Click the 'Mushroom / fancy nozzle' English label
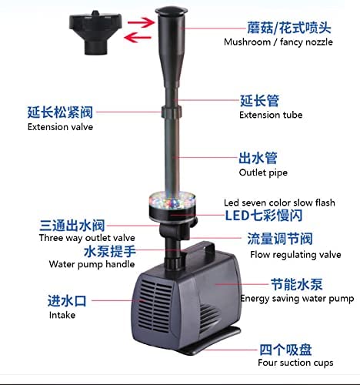pos(278,42)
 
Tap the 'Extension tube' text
pos(271,115)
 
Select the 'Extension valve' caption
pos(60,127)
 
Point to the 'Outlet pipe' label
pos(263,172)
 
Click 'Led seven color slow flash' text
pos(279,203)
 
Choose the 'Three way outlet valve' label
pos(87,238)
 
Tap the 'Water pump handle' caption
pos(92,264)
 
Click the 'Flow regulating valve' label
pos(295,255)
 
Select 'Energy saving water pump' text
pos(297,299)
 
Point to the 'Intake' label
pos(62,315)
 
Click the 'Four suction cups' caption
pos(295,363)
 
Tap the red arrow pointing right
pos(141,22)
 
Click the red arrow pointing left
pos(138,38)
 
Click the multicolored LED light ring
pos(172,201)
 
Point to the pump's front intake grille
pos(155,306)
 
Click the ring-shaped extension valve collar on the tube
pos(172,112)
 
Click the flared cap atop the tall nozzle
pos(172,11)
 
